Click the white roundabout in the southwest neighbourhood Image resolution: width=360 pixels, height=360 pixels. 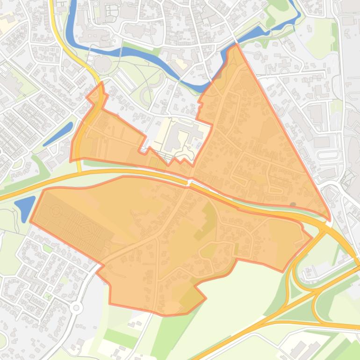pyautogui.click(x=76, y=307)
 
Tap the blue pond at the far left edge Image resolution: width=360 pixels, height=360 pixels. pyautogui.click(x=24, y=207)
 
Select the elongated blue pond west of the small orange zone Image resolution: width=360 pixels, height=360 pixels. pyautogui.click(x=58, y=134)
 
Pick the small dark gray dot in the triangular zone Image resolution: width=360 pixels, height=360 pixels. pyautogui.click(x=293, y=204)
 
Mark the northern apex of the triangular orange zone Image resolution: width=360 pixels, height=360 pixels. pyautogui.click(x=237, y=45)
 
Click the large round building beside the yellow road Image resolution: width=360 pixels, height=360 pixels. pyautogui.click(x=101, y=63)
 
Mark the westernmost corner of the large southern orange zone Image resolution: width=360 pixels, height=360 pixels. pyautogui.click(x=31, y=221)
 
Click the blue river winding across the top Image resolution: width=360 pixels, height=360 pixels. pyautogui.click(x=154, y=56)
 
